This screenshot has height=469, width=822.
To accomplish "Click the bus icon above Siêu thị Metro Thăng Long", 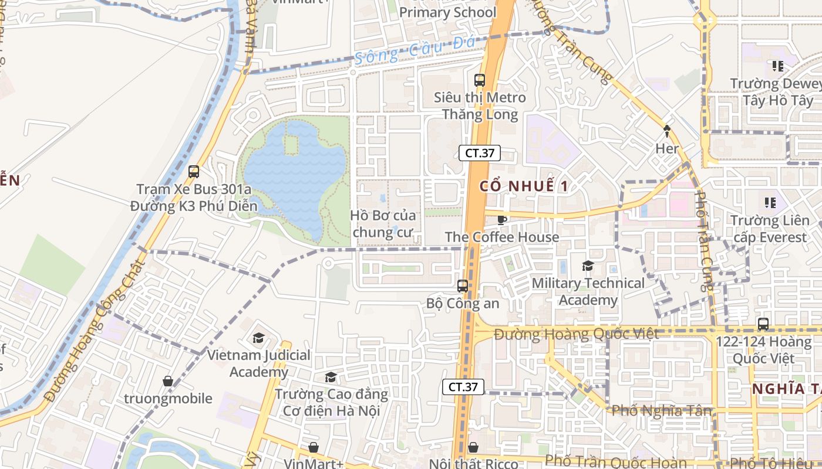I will (x=480, y=80).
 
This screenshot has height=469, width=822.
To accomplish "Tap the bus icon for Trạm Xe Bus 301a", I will (x=194, y=172).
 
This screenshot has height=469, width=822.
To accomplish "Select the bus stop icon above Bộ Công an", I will (x=463, y=286).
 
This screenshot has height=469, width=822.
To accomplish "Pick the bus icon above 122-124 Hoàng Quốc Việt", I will (x=763, y=324).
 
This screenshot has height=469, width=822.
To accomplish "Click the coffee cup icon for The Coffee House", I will (x=501, y=220).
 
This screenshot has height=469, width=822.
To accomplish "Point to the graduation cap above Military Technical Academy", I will (x=588, y=266).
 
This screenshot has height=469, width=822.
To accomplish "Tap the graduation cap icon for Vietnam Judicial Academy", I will (x=258, y=338).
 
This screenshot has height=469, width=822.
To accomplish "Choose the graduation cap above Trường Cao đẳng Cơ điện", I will (x=331, y=377).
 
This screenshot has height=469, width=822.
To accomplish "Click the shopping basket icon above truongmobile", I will (x=168, y=381).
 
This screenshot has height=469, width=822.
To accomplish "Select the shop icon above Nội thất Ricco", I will (x=473, y=447).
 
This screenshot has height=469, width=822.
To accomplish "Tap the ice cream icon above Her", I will (x=667, y=131).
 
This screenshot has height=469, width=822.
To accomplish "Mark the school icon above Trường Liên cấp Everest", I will (x=770, y=203).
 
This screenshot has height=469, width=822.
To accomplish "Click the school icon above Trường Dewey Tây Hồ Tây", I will (x=778, y=66).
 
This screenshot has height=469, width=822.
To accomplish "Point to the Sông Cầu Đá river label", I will (x=409, y=50).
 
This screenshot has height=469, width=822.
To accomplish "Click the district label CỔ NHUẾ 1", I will (x=524, y=186).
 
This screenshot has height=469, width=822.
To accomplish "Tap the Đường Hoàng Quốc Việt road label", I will (x=576, y=334).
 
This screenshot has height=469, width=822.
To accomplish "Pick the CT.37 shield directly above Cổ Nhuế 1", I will (x=480, y=154).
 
